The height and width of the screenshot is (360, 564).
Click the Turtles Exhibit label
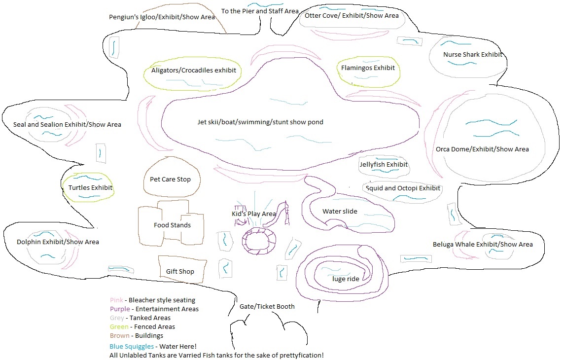[x=90, y=188]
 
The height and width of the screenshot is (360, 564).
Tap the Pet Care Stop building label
[x=170, y=180]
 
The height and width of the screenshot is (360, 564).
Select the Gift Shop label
[x=180, y=272]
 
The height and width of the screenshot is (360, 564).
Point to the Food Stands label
[x=172, y=225]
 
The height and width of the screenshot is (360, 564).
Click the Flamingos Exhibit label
[x=368, y=68]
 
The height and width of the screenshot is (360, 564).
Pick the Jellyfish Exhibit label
[x=384, y=165]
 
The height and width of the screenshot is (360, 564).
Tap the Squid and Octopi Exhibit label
[x=403, y=188]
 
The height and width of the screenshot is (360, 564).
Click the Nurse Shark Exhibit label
[x=472, y=55]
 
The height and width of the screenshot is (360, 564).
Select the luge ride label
[x=346, y=279]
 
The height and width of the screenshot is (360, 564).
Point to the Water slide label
[x=340, y=212]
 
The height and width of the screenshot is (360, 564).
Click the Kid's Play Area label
[x=254, y=214]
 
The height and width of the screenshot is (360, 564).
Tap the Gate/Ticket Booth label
[x=267, y=307]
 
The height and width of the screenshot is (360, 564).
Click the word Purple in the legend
[x=120, y=309]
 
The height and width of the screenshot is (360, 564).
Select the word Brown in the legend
[x=120, y=336]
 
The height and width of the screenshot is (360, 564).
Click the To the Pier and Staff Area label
[x=260, y=11]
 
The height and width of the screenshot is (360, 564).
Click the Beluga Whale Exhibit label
[x=482, y=245]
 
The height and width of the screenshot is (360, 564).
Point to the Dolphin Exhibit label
[x=58, y=242]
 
